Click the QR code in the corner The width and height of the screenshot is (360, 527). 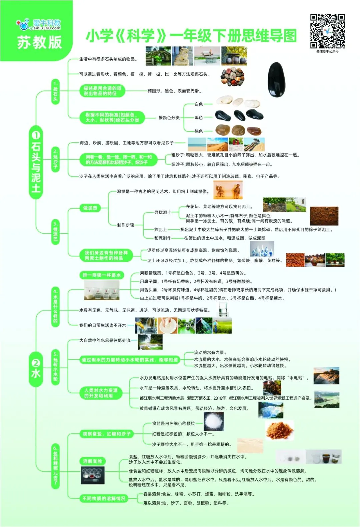click(x=327, y=31)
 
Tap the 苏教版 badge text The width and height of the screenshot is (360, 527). click(x=39, y=42)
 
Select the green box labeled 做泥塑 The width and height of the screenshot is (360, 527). click(x=90, y=208)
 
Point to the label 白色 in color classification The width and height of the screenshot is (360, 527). click(x=199, y=104)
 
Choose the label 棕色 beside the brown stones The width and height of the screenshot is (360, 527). click(x=199, y=131)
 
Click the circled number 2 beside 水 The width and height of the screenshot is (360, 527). click(x=36, y=363)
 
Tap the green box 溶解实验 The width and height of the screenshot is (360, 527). click(x=92, y=461)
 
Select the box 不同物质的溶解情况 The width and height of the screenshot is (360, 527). click(x=104, y=498)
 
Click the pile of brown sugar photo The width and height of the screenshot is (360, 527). click(x=280, y=430)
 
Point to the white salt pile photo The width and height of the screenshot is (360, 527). click(x=213, y=422)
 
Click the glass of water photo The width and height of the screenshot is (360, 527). click(x=223, y=309)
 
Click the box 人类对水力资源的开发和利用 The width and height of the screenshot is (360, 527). click(x=101, y=393)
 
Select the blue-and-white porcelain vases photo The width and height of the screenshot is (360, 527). click(x=262, y=249)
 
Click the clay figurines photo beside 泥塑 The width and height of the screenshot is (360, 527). click(x=228, y=190)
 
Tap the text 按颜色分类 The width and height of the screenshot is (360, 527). click(x=169, y=118)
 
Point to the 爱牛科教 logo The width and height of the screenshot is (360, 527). click(x=39, y=24)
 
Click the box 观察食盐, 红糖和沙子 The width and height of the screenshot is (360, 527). click(x=107, y=434)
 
